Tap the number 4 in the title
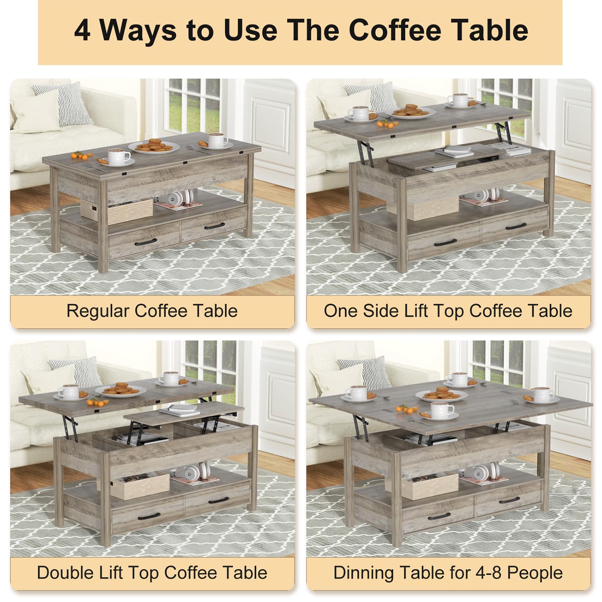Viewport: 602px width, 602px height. tap(82, 31)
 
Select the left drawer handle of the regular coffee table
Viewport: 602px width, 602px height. tap(143, 242)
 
